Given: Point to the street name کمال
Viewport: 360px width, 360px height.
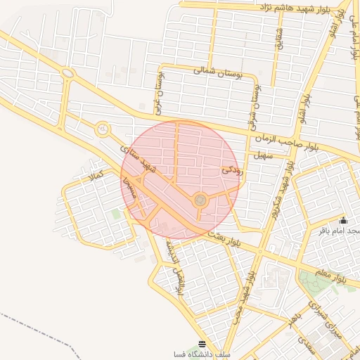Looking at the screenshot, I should [x=94, y=173].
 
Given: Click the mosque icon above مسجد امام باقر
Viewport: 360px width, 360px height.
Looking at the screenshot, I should [x=343, y=221].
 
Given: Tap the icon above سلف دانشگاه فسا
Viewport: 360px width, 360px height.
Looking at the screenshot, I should [x=202, y=344].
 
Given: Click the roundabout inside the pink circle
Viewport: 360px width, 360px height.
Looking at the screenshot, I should [x=200, y=201].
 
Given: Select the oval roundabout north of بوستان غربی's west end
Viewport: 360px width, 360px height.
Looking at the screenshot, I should [x=68, y=72].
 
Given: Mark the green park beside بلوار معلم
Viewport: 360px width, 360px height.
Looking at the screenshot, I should [x=312, y=283].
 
